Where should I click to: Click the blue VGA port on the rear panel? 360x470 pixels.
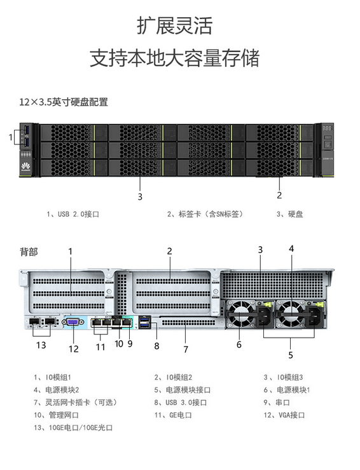tap(73, 322)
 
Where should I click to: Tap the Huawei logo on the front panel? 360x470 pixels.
tap(26, 167)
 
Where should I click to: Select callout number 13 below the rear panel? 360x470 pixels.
tap(41, 345)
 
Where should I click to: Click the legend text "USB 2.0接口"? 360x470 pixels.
tap(78, 214)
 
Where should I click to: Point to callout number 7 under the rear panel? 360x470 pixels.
tap(186, 349)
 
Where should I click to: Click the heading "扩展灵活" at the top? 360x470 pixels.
tap(175, 25)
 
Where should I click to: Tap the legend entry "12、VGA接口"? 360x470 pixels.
tap(284, 415)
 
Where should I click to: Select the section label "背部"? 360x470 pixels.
tap(29, 252)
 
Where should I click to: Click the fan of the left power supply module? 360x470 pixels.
tap(240, 314)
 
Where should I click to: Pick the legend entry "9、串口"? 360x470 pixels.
tap(277, 403)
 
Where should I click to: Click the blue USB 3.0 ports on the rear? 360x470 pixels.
tap(144, 322)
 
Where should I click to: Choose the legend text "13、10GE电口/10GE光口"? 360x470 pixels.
tap(73, 428)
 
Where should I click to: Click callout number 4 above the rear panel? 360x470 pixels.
tap(291, 249)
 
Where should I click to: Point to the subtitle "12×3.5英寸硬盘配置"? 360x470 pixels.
tap(64, 102)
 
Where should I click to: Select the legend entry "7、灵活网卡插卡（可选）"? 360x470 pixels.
tap(75, 403)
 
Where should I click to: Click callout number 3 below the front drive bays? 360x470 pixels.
tap(140, 197)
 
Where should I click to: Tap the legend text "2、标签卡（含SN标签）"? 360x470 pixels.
tap(205, 214)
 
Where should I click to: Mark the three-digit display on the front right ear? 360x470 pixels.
tap(327, 128)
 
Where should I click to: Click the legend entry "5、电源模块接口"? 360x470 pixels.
tap(183, 390)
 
